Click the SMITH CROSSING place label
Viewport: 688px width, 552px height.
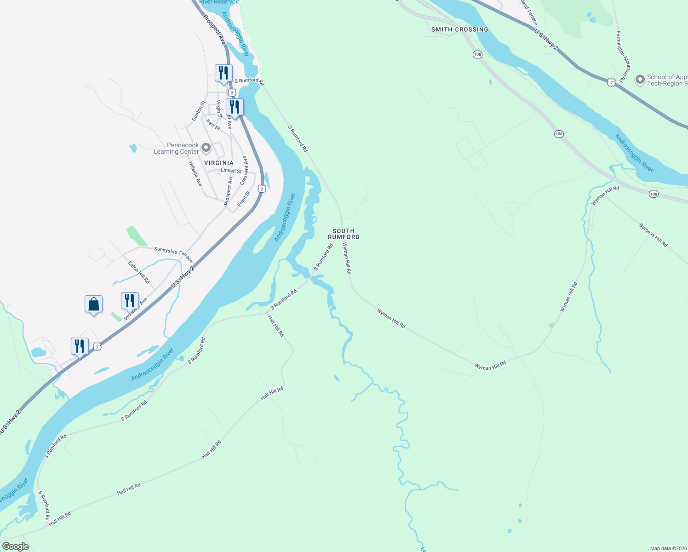459,29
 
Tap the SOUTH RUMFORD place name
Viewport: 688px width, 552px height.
344,234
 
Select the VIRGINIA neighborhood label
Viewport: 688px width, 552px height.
218,163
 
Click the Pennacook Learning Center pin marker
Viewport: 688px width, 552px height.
206,148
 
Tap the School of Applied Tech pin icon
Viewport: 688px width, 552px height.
640,80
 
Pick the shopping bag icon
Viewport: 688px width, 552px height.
94,305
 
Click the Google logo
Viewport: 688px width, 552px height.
15,546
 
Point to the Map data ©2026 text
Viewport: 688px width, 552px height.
668,548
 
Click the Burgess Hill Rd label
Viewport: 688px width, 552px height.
653,235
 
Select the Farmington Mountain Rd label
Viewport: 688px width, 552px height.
621,57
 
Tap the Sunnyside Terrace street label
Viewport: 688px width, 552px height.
173,253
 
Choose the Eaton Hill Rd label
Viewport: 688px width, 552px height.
139,272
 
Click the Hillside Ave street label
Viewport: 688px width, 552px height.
195,173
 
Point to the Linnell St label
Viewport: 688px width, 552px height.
231,171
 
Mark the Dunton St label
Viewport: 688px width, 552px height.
198,111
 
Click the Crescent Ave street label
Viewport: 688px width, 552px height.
244,170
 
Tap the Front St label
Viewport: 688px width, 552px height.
244,199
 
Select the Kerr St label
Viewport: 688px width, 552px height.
213,125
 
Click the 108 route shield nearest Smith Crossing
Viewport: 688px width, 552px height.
477,54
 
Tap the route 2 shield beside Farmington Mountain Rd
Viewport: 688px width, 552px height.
611,82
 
